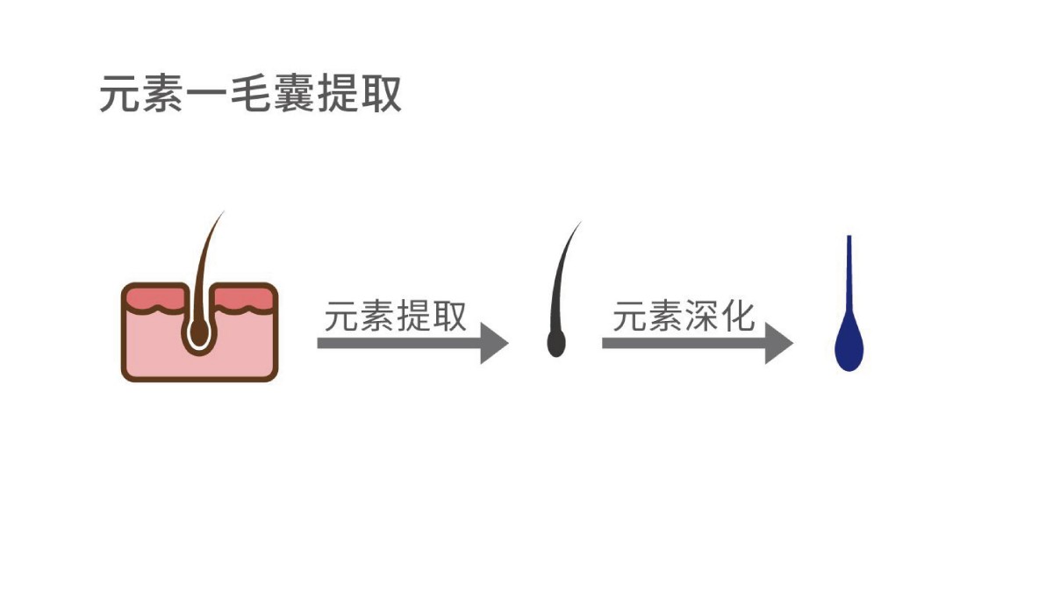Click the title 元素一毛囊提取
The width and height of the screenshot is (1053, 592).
point(251,94)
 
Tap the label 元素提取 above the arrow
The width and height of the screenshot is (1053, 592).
point(396,315)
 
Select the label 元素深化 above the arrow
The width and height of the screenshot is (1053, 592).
point(684,315)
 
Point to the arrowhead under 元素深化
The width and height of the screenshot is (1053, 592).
point(779,343)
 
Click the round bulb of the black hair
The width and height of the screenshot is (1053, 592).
point(556,343)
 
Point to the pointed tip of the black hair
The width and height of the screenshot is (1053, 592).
point(581,222)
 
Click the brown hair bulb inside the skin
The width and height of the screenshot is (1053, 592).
point(199,331)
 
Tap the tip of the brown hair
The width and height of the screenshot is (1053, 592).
point(223,212)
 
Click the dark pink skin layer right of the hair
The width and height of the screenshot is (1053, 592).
point(244,299)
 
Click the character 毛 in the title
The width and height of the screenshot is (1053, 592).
point(251,94)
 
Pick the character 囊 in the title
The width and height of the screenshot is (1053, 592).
point(294,94)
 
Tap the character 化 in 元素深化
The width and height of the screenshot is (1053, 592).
point(738,316)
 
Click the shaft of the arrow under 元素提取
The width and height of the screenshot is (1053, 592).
point(399,343)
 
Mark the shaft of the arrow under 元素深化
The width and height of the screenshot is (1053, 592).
point(684,343)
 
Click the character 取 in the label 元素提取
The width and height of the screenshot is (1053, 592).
point(449,316)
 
